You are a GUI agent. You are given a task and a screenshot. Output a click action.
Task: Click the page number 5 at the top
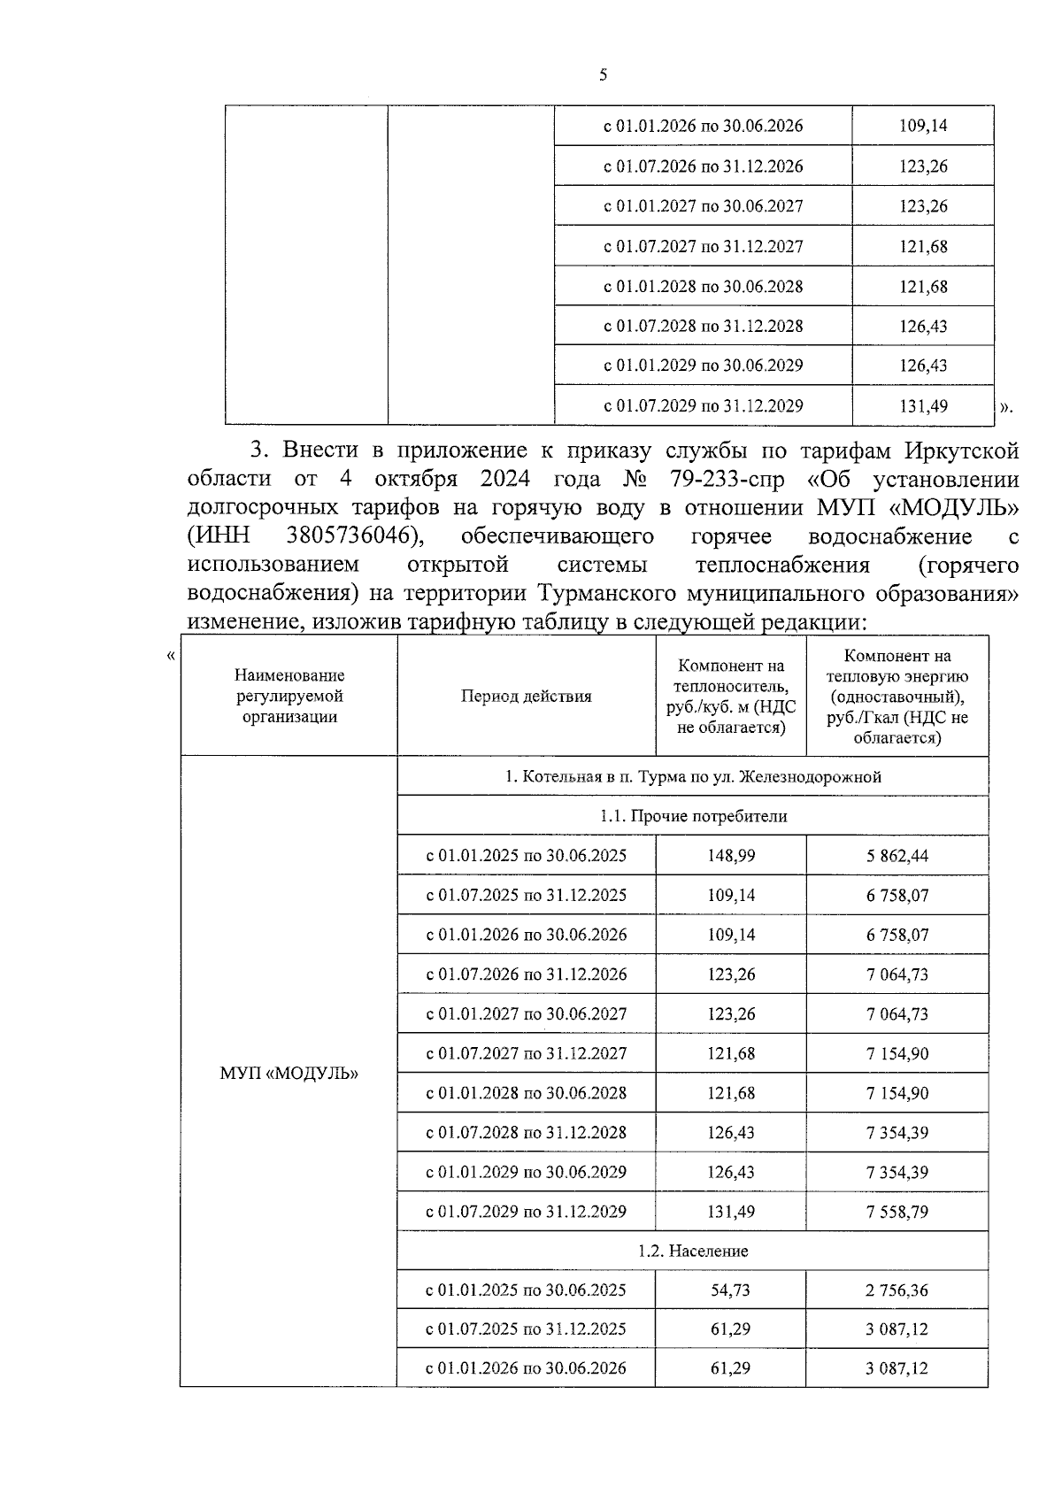tap(603, 75)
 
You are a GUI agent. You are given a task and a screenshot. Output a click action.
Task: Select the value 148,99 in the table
tap(731, 855)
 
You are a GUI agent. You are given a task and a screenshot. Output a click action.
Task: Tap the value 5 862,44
tap(897, 855)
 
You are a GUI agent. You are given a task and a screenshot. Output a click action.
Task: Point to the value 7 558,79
tap(897, 1211)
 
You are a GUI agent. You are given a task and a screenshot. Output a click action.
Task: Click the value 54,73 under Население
tap(730, 1290)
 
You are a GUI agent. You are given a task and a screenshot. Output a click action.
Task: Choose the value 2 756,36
tap(897, 1290)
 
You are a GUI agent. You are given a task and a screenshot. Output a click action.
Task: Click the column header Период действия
tap(526, 696)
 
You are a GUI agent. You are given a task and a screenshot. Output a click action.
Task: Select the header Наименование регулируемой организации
tap(290, 696)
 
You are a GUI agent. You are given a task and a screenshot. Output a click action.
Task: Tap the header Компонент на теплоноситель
tap(730, 696)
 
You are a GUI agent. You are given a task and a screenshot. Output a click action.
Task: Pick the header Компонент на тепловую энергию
tap(897, 696)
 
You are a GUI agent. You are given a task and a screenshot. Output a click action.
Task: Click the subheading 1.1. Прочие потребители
tap(692, 816)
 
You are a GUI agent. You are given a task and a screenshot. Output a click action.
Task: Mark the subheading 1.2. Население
tap(692, 1251)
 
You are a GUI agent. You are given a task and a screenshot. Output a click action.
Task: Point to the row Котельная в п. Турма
tap(692, 776)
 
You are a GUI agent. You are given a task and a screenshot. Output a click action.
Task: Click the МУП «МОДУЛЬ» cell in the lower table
tap(289, 1073)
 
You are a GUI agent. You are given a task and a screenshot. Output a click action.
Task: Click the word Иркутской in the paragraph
tap(961, 451)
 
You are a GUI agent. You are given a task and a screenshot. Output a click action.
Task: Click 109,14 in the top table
tap(923, 126)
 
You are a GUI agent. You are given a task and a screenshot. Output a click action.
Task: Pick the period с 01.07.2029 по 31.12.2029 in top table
tap(703, 405)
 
